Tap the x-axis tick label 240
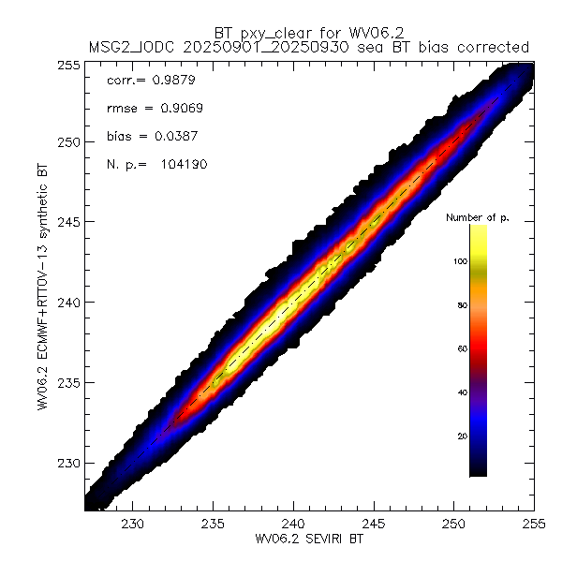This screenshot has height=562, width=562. (294, 523)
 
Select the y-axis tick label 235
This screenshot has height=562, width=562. (68, 382)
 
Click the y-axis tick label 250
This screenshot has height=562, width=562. (68, 141)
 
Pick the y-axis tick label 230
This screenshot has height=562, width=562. (68, 463)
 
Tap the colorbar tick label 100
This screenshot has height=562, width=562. (460, 261)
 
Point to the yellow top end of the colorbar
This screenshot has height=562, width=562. (478, 229)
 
